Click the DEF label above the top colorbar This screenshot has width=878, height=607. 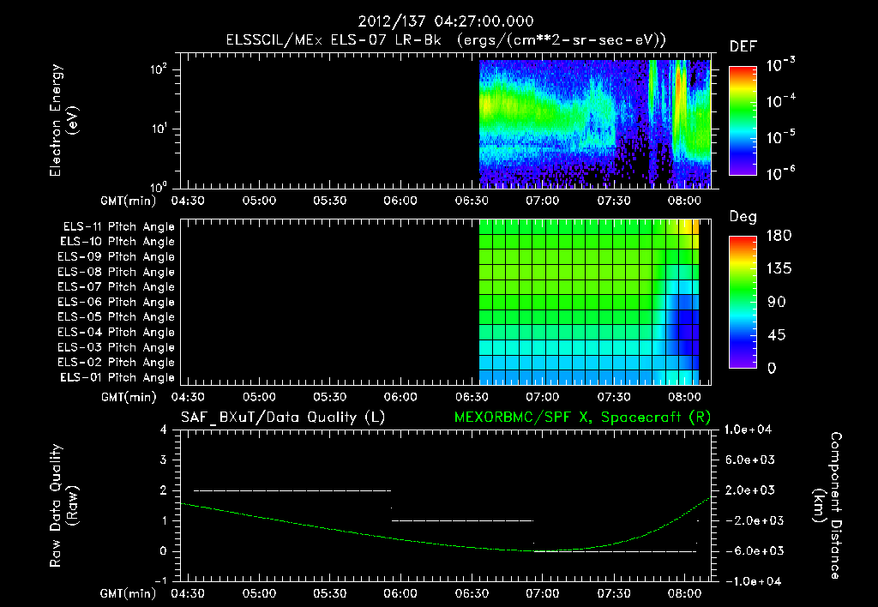743,46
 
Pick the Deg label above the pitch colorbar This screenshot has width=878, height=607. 743,217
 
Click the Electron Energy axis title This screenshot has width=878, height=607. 64,123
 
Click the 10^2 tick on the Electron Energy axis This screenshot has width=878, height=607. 159,70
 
